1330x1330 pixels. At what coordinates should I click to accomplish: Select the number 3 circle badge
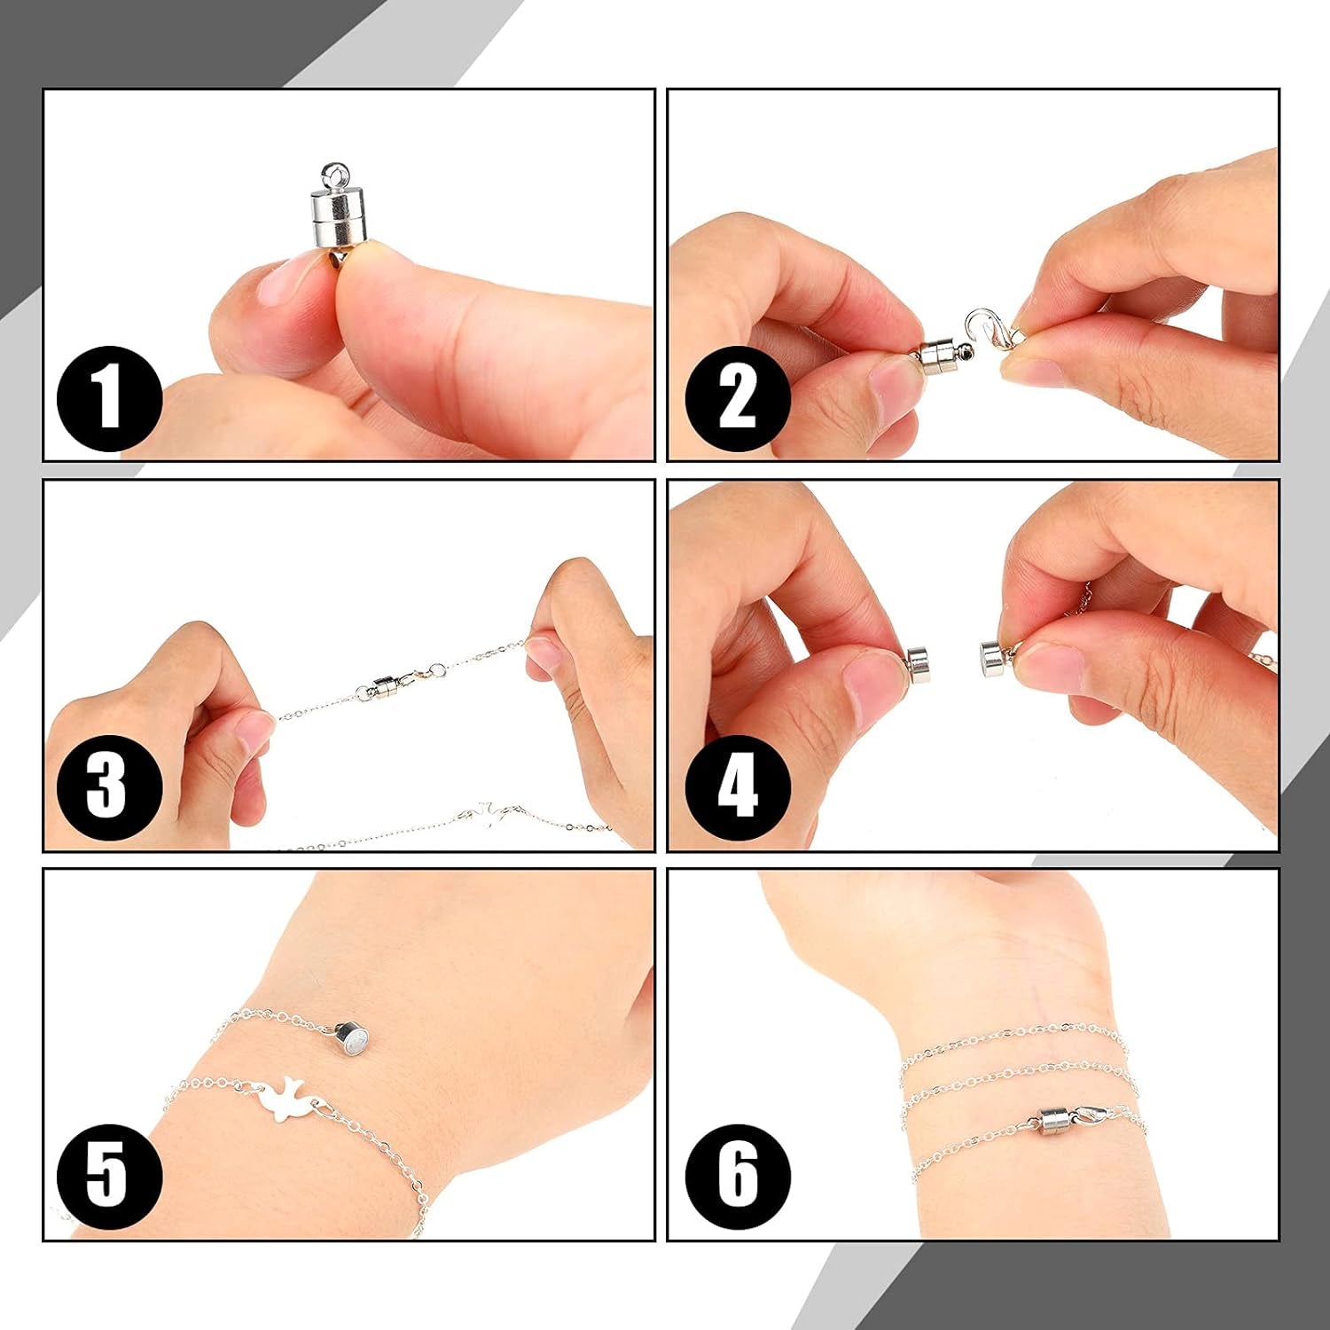[109, 787]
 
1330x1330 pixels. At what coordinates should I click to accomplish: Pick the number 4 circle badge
[737, 787]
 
